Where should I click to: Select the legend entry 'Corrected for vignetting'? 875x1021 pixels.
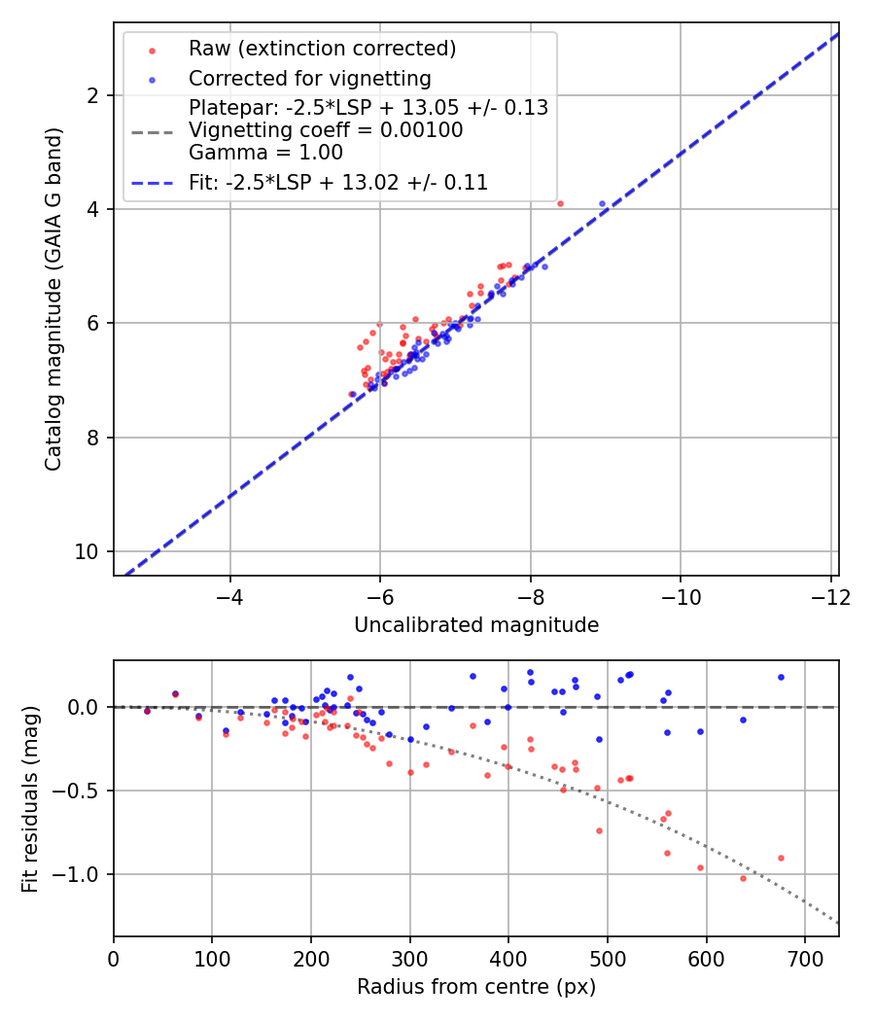[310, 78]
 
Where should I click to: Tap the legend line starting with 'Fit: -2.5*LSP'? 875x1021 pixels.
[338, 182]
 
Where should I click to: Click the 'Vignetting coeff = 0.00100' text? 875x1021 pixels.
[326, 129]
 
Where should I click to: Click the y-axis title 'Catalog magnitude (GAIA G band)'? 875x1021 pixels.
[54, 299]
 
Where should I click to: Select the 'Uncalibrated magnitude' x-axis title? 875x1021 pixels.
[476, 624]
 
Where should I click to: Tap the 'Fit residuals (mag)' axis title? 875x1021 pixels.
[30, 798]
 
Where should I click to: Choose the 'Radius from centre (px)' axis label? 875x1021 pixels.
[476, 987]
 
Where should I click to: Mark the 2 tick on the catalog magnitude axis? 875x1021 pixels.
[93, 95]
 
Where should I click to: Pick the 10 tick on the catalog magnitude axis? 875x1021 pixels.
[88, 551]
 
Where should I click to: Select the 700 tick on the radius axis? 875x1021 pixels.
[804, 958]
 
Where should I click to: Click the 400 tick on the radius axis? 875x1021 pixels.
[508, 958]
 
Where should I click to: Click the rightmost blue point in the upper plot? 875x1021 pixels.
[602, 203]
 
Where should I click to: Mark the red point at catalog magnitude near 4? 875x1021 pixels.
[560, 203]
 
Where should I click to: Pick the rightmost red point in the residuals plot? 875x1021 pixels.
[781, 858]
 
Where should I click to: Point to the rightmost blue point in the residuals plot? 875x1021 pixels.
[781, 677]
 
